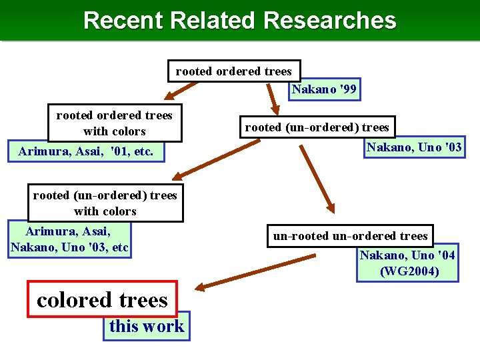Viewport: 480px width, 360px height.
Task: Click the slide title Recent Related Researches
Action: (239, 21)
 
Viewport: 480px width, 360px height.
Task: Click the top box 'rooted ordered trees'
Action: (233, 71)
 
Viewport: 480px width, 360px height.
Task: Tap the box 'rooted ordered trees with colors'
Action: (114, 123)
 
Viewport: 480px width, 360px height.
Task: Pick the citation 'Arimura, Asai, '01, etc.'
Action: (85, 152)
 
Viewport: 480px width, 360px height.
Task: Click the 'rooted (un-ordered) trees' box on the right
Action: (317, 127)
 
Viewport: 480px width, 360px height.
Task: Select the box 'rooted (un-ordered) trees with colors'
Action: (105, 203)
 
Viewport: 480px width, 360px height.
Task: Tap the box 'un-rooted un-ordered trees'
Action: (350, 236)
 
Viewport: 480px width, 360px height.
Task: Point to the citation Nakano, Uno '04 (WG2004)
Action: (407, 263)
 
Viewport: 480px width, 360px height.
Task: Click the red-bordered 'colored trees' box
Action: (102, 299)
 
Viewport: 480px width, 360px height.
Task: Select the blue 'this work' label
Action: (147, 326)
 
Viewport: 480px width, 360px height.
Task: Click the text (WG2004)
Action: (409, 271)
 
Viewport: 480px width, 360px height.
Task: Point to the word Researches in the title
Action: (329, 21)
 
